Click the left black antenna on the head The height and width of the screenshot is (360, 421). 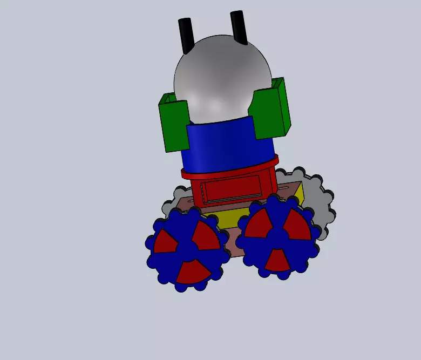[186, 35]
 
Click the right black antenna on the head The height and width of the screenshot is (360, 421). [239, 27]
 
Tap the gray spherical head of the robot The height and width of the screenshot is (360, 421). [221, 76]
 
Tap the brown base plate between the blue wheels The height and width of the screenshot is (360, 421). [229, 243]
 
